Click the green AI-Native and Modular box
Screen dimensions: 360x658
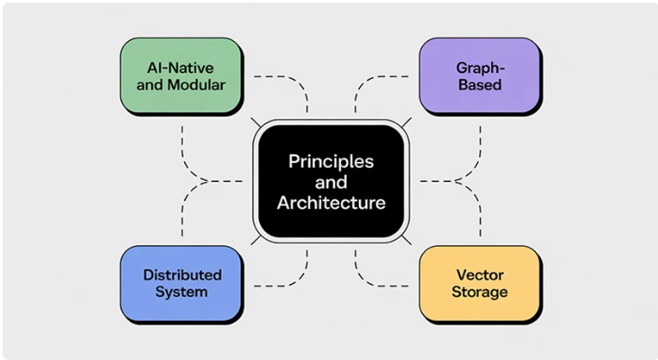point(180,76)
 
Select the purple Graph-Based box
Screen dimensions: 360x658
point(480,76)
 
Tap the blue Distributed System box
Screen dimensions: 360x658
point(180,284)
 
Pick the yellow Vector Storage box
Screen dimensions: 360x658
point(480,284)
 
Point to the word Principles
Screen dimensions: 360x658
point(331,160)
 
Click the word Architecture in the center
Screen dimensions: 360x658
point(331,203)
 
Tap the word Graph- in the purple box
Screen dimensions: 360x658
point(480,68)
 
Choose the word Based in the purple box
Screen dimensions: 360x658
point(480,85)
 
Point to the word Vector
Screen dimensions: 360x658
point(480,275)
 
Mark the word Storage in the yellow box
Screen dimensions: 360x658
point(480,292)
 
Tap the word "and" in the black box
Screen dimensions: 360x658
point(331,182)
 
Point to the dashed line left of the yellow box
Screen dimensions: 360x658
point(386,284)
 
